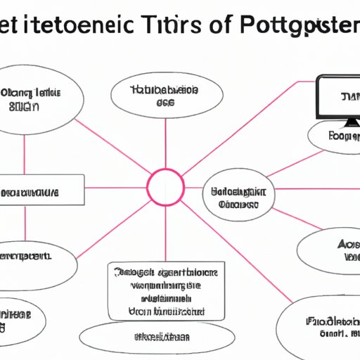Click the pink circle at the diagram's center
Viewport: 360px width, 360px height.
click(165, 188)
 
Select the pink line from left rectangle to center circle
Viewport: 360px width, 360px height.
click(115, 188)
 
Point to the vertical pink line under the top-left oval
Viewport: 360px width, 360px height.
click(25, 152)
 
